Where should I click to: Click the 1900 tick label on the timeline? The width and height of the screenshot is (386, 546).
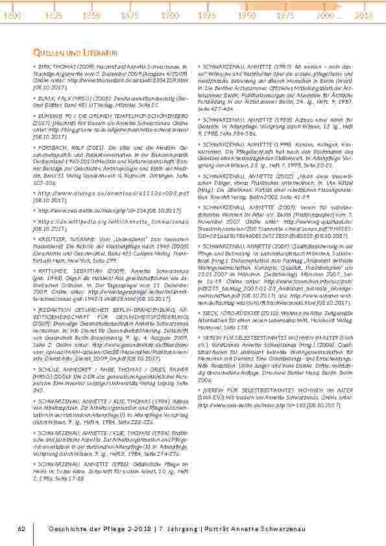170,14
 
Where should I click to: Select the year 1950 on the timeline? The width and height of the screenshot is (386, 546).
247,14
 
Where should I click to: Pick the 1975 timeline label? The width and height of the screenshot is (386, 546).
285,14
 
